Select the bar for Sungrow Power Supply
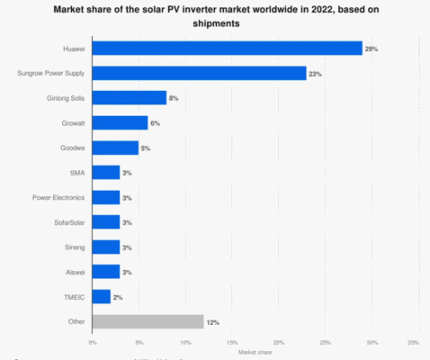coord(199,74)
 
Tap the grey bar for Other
coord(148,320)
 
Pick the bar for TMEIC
coord(102,296)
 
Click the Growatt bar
coord(120,123)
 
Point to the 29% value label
coord(371,49)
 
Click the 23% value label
coord(315,74)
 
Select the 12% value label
coord(212,321)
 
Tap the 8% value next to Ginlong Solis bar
coord(175,98)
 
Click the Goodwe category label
coord(73,148)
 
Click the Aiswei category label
coord(74,271)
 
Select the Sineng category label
coord(74,247)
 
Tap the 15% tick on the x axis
coord(231,343)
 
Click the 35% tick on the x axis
coord(414,343)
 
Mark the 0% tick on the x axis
coord(93,343)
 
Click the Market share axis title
coord(253,351)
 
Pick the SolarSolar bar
coord(106,221)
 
